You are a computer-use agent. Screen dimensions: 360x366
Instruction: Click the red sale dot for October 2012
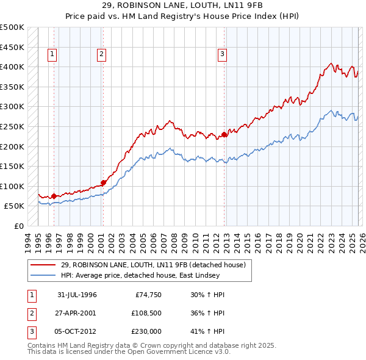click(224, 134)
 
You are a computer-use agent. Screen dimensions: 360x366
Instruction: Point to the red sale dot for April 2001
click(104, 182)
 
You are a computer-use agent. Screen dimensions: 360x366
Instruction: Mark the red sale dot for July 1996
click(54, 196)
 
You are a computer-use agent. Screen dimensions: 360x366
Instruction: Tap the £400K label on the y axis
click(12, 67)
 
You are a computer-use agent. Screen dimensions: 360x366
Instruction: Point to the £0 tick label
click(18, 226)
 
